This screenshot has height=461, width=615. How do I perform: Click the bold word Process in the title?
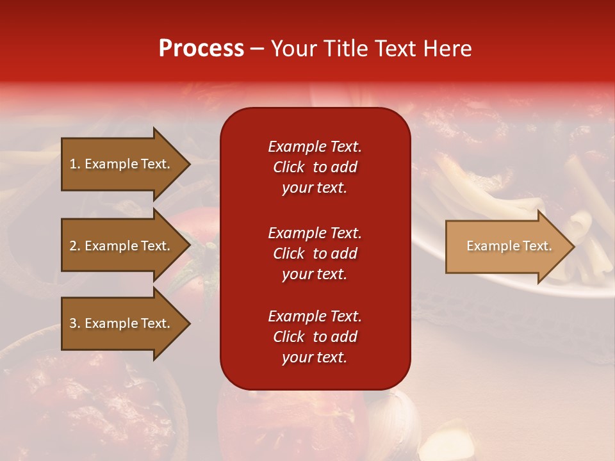tap(201, 49)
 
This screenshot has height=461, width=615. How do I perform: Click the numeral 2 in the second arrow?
tap(73, 246)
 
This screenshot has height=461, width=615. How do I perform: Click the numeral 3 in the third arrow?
tap(73, 323)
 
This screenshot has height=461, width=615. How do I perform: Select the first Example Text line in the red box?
tap(315, 147)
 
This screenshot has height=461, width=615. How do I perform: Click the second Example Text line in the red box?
tap(315, 233)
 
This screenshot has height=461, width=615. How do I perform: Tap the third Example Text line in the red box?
tap(315, 316)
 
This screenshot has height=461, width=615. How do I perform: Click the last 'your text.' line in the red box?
tap(315, 358)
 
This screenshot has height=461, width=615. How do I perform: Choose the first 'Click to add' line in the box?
tap(315, 167)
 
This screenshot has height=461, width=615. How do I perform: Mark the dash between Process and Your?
tap(257, 49)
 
